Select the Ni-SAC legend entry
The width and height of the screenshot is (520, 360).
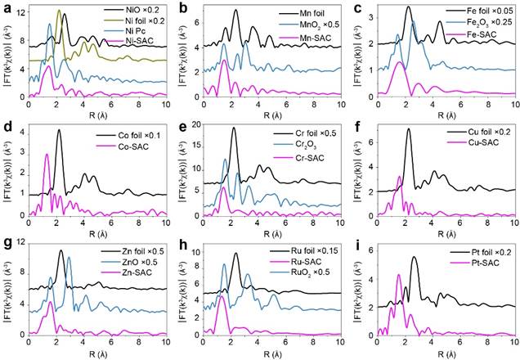pos(141,38)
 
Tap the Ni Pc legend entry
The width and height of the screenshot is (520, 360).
pos(138,28)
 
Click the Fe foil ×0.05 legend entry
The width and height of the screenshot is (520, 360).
pos(482,9)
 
